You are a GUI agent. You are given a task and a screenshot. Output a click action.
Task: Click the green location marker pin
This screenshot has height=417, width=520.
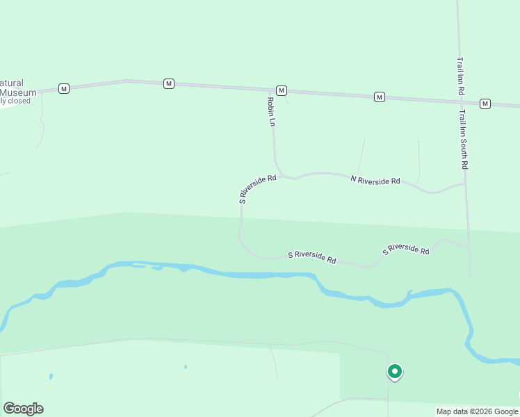[x=394, y=372]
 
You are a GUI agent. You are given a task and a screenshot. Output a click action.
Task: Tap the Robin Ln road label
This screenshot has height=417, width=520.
[x=272, y=111]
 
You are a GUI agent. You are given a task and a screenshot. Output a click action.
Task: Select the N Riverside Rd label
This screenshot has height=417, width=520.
[x=375, y=180]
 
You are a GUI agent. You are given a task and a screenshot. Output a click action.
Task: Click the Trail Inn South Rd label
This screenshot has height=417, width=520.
[x=464, y=140]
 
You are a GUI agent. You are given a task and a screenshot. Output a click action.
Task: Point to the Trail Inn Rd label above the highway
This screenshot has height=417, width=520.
[x=461, y=76]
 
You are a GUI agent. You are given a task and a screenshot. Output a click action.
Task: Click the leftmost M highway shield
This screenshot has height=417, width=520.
[x=64, y=89]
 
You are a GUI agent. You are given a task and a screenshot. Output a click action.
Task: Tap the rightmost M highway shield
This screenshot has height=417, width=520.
[x=485, y=104]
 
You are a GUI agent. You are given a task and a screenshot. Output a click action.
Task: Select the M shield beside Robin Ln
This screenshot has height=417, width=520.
[x=281, y=91]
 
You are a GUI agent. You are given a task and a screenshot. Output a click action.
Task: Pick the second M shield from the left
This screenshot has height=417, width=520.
[x=168, y=83]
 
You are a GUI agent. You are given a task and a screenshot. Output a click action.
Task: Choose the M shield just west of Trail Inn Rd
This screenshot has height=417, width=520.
[x=379, y=97]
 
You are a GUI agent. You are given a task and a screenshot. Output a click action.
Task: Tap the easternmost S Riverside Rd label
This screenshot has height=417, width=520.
[x=406, y=249]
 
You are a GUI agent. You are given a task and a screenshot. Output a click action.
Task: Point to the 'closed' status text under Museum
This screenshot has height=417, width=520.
[x=18, y=101]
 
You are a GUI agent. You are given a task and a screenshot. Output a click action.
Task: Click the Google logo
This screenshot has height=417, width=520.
[x=23, y=409]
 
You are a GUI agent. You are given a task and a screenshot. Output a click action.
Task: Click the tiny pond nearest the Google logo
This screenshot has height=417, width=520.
[x=51, y=377]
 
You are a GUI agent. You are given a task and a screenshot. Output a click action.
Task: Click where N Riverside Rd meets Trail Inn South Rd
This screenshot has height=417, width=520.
[x=465, y=184]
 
